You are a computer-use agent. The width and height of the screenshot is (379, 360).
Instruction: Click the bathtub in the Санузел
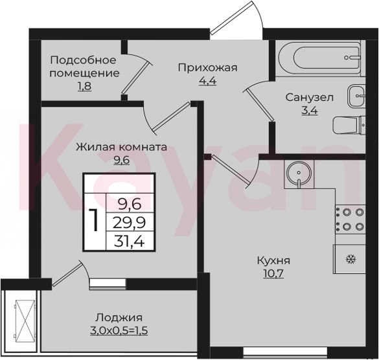click(319, 58)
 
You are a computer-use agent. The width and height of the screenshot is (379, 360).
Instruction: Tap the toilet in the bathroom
click(349, 126)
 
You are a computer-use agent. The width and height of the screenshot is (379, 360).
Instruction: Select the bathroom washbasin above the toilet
click(356, 96)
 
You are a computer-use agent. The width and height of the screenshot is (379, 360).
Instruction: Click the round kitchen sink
click(299, 174)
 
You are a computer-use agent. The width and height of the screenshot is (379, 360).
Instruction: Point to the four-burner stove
click(350, 219)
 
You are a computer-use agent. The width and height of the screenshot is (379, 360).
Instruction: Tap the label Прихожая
click(207, 68)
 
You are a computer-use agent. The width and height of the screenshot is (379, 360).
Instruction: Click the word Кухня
click(273, 261)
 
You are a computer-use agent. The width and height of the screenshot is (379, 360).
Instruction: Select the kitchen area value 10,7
click(273, 274)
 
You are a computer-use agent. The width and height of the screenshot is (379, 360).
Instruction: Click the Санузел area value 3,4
click(309, 111)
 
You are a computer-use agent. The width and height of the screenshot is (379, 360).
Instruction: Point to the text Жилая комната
click(121, 147)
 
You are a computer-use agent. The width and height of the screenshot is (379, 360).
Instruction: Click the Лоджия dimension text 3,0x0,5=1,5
click(119, 330)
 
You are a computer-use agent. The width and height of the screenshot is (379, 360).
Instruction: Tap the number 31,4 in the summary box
click(130, 241)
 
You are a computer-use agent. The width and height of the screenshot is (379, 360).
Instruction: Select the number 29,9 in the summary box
click(130, 222)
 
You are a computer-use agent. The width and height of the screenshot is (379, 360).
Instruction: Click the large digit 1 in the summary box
click(94, 220)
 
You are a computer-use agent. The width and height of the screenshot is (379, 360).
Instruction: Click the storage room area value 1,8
click(84, 86)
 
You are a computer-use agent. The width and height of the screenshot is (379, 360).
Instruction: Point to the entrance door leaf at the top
click(231, 17)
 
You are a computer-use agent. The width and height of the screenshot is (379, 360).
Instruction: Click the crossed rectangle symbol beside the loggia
click(25, 318)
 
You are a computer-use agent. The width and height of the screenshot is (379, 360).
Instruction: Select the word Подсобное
click(84, 60)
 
